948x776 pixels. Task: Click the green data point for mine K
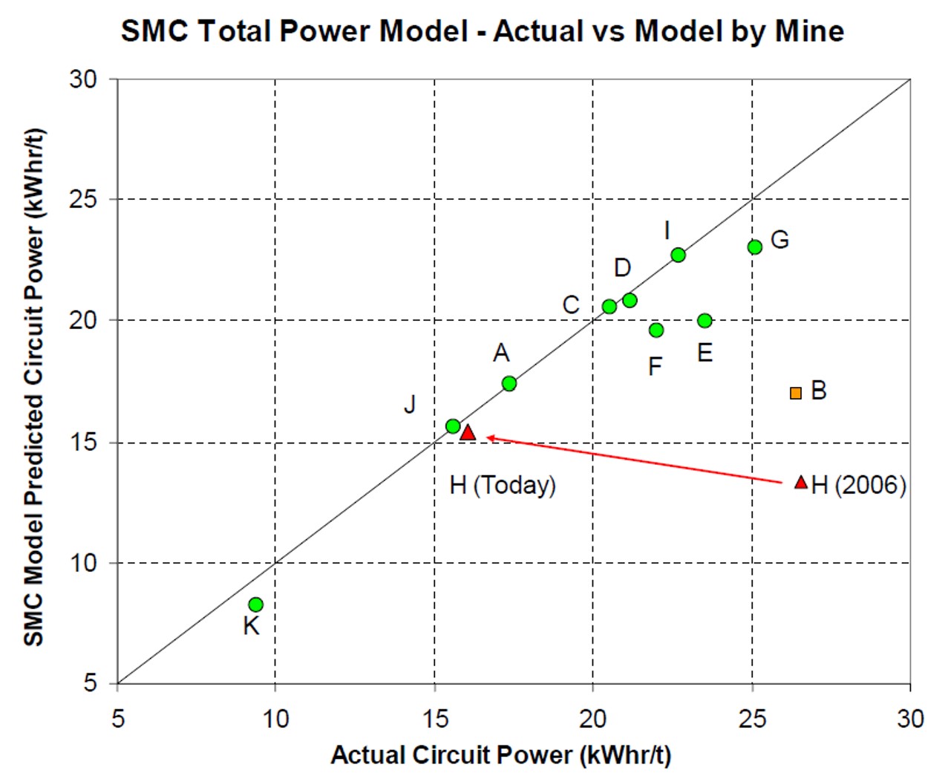coord(255,604)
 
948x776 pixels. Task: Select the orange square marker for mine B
coord(796,393)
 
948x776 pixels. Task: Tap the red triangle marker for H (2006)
coord(801,483)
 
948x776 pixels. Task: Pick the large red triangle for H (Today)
coord(468,432)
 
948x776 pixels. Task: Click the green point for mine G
coord(755,247)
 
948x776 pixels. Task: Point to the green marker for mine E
coord(705,321)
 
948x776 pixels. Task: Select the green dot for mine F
coord(656,330)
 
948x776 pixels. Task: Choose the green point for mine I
coord(678,255)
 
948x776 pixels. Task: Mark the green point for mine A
coord(509,383)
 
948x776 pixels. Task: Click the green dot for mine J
coord(453,426)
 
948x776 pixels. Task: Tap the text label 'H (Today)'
coord(503,485)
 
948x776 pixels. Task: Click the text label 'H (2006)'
coord(859,485)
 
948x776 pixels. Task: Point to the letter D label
coord(622,267)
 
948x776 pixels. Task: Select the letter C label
coord(570,304)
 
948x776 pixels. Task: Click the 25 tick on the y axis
coord(84,199)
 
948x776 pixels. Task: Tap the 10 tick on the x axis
coord(275,718)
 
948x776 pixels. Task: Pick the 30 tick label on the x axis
coord(910,718)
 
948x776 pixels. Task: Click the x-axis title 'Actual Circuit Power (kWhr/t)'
coord(501,754)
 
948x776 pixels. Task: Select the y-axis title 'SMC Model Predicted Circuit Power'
coord(33,386)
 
